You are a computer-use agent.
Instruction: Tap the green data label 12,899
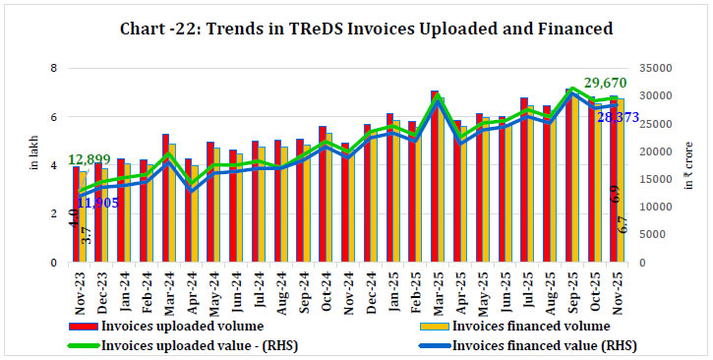(89, 158)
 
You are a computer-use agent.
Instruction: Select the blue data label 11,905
(96, 203)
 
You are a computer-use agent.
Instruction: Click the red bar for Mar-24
(165, 198)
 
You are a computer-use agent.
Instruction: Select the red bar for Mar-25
(434, 177)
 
